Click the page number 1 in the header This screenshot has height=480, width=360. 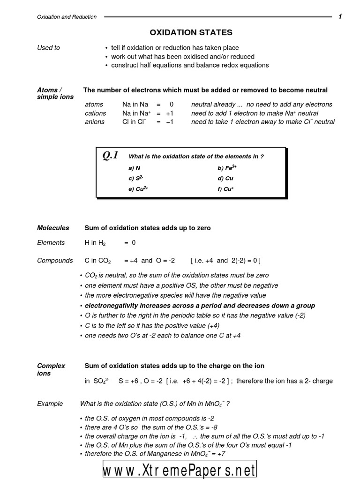coord(340,17)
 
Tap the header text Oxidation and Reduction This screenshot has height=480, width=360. coord(67,17)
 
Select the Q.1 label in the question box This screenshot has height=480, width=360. coord(110,156)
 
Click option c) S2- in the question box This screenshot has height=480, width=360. coord(135,178)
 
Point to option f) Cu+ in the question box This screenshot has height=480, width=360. coord(225,189)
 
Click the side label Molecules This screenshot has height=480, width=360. coord(53,228)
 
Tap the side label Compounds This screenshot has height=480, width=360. coord(55,260)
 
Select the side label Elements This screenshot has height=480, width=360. coord(51,242)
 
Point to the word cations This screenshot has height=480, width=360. coord(95,113)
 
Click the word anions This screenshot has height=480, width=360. coord(94,122)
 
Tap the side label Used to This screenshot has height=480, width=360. coord(48,48)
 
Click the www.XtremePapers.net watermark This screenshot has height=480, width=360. coord(180,469)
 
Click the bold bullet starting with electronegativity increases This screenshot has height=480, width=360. coord(200,306)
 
